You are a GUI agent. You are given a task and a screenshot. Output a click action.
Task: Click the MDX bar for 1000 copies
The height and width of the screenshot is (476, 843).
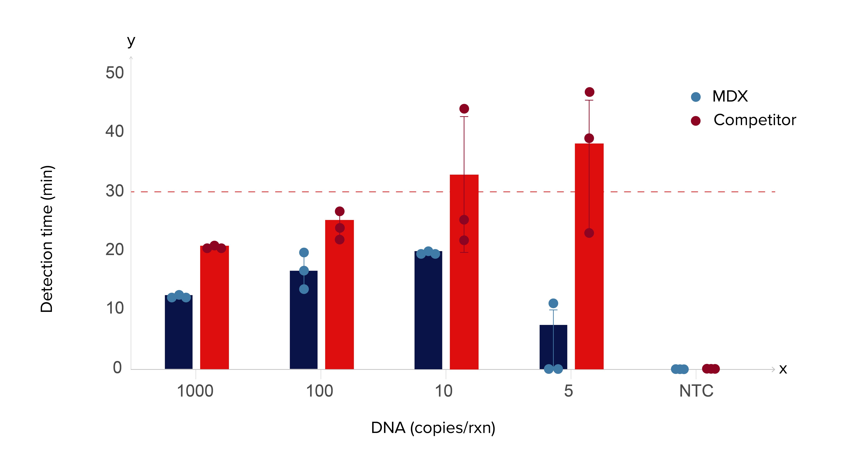[178, 334]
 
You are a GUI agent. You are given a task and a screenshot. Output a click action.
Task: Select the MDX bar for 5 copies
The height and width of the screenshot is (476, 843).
[553, 347]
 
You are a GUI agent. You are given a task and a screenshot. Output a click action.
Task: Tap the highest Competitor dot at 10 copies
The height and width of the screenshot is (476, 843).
[464, 109]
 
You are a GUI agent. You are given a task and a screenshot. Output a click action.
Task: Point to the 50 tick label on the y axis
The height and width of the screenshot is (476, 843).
[115, 73]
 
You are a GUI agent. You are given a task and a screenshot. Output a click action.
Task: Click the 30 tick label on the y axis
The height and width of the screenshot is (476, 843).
[115, 191]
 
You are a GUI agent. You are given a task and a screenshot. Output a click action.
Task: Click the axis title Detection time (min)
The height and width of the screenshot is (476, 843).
[47, 239]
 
